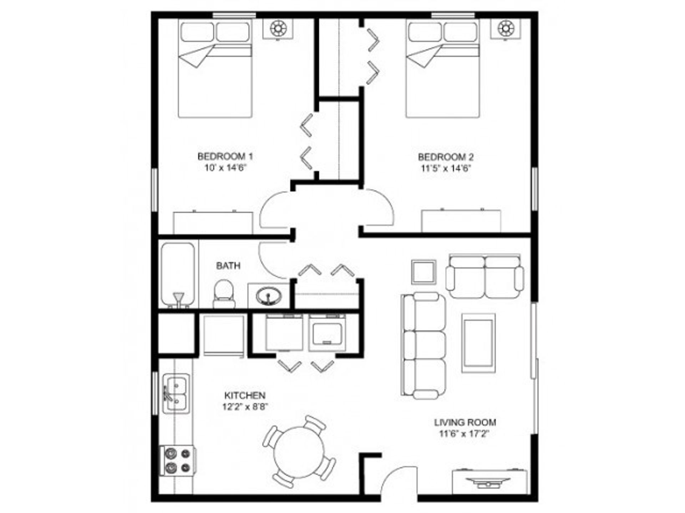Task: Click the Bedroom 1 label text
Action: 225,156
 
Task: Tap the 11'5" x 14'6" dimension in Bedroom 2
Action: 446,168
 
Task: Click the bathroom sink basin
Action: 269,296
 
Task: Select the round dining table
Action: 299,451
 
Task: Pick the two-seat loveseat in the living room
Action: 484,276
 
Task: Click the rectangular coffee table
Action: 478,343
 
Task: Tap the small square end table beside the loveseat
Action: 423,272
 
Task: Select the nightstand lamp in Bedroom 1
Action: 278,28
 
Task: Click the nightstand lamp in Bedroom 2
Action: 505,28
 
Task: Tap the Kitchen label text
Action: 245,395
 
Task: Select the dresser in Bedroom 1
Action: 213,223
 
